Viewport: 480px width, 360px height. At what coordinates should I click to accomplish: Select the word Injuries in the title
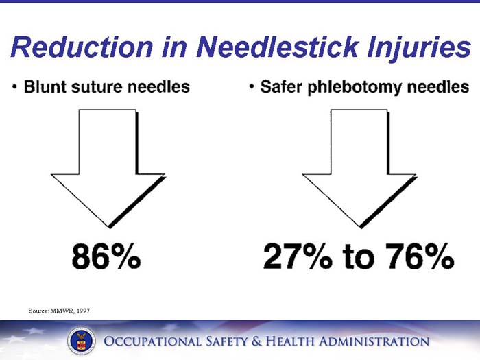click(x=416, y=47)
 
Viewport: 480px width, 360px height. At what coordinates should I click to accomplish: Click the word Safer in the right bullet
click(x=281, y=87)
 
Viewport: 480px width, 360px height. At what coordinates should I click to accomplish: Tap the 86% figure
click(x=106, y=257)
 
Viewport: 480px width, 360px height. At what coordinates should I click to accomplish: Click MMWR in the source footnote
click(x=58, y=311)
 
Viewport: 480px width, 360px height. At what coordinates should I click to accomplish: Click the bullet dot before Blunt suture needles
click(x=14, y=87)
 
